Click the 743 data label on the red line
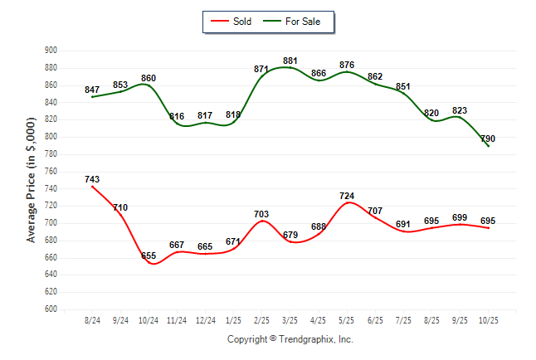tap(93, 179)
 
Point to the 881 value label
tap(290, 61)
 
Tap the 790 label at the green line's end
tap(488, 139)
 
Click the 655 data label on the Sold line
tap(149, 256)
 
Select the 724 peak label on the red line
tap(347, 197)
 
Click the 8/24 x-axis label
tap(93, 320)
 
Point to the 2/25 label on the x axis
tap(262, 320)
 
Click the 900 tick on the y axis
tap(51, 51)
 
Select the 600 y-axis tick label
tap(51, 309)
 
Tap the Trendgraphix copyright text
tap(290, 339)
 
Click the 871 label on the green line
tap(262, 69)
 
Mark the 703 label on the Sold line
tap(262, 214)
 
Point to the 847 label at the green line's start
tap(92, 90)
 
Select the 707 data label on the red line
tap(375, 211)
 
